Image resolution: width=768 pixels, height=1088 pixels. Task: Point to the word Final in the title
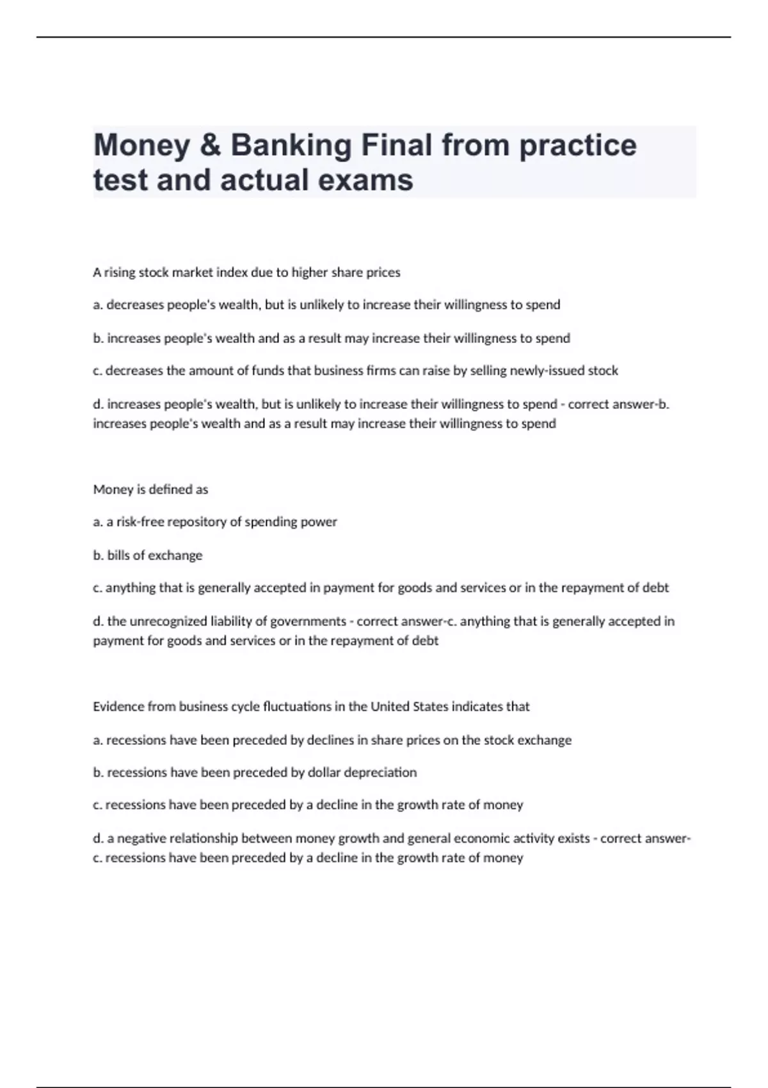click(x=397, y=145)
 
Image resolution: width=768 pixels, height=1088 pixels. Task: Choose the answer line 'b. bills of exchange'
click(x=148, y=556)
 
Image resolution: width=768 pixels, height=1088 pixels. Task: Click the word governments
click(x=308, y=621)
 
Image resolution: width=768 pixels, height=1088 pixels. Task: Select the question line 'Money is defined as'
click(x=150, y=490)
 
